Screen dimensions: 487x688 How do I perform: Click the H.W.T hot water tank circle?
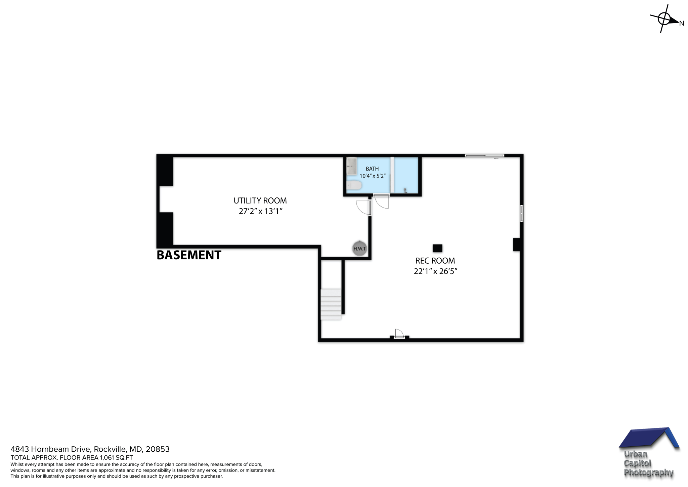[359, 249]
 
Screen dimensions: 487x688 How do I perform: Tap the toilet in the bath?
[353, 185]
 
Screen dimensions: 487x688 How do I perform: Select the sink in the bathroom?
[351, 166]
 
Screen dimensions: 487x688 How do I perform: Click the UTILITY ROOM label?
[260, 201]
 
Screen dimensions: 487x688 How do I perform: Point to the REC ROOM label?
[435, 261]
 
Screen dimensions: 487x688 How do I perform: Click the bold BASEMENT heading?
[189, 255]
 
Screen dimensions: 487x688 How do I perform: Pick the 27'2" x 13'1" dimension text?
[260, 212]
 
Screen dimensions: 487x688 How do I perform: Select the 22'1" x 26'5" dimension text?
[435, 271]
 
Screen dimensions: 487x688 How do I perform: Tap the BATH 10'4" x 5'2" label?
[372, 172]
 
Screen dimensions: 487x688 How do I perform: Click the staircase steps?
[331, 304]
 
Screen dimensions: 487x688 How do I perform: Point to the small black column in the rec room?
[437, 248]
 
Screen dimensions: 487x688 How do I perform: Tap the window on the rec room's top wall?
[484, 156]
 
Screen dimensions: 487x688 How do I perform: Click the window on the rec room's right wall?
[521, 214]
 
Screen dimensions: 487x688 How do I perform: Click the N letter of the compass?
[682, 24]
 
